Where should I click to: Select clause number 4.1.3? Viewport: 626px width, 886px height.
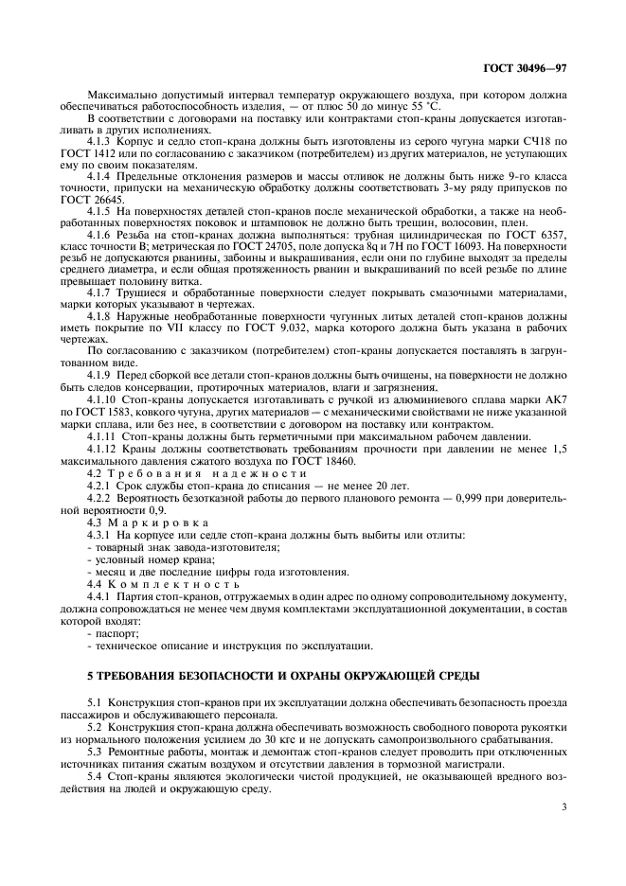(102, 140)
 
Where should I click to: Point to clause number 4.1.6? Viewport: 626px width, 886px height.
(102, 232)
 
